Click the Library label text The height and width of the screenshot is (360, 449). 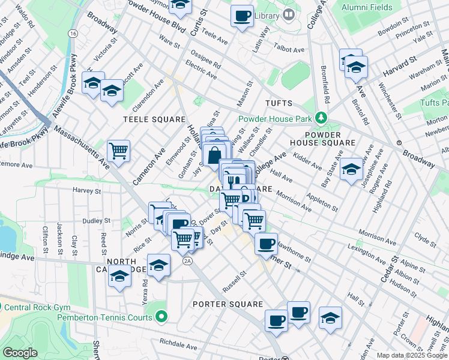(268, 15)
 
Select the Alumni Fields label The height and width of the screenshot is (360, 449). (367, 8)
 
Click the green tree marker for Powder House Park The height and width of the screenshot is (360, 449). (322, 117)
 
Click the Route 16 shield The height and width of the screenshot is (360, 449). (73, 34)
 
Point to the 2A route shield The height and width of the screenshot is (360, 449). (188, 261)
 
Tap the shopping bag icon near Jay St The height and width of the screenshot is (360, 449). (214, 155)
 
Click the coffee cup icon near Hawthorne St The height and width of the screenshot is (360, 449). (265, 243)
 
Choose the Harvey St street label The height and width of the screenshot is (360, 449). (86, 191)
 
